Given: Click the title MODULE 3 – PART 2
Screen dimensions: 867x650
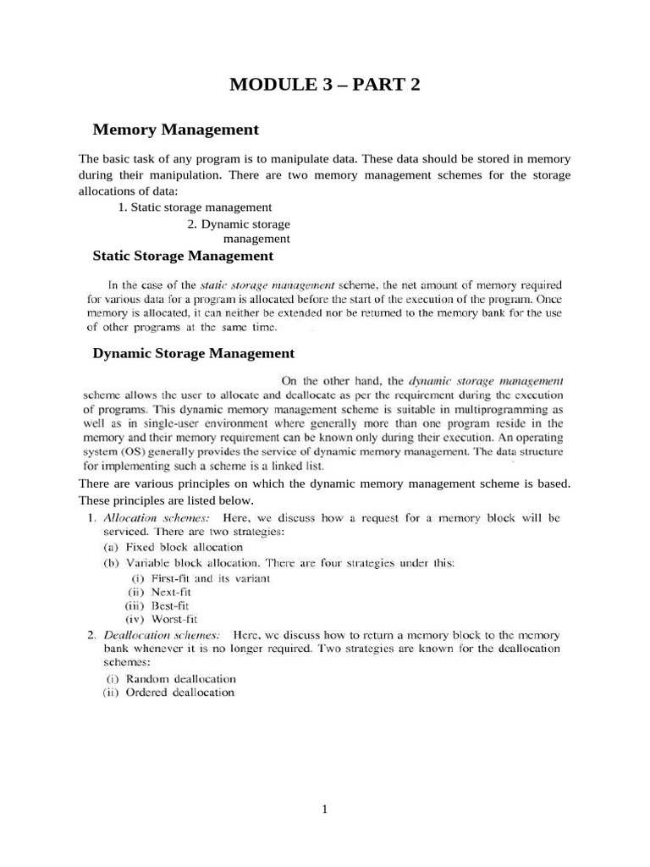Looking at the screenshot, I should tap(325, 85).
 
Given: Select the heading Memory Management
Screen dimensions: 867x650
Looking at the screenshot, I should tap(175, 130).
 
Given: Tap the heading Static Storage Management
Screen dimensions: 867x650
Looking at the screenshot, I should tap(182, 255).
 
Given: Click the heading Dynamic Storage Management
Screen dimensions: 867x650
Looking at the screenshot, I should tap(193, 353).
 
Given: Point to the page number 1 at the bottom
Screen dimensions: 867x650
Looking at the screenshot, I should tap(324, 809).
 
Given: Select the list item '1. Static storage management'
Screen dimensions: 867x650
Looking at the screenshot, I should tap(195, 207).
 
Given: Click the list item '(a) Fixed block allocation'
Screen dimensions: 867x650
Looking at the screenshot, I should tap(173, 547).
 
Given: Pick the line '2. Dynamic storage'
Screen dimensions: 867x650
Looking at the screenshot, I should tap(239, 224).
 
